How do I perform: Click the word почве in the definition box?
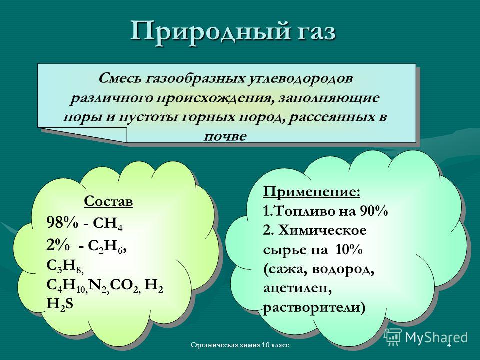(225, 136)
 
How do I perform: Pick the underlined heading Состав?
(108, 201)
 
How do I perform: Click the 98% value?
(62, 223)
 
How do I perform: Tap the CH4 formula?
(107, 224)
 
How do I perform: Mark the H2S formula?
(60, 304)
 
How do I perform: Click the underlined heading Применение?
(311, 192)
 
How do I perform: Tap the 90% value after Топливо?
(374, 212)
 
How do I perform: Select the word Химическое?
(322, 231)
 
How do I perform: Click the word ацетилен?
(297, 288)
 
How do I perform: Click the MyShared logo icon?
(392, 337)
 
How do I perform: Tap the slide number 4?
(449, 345)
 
